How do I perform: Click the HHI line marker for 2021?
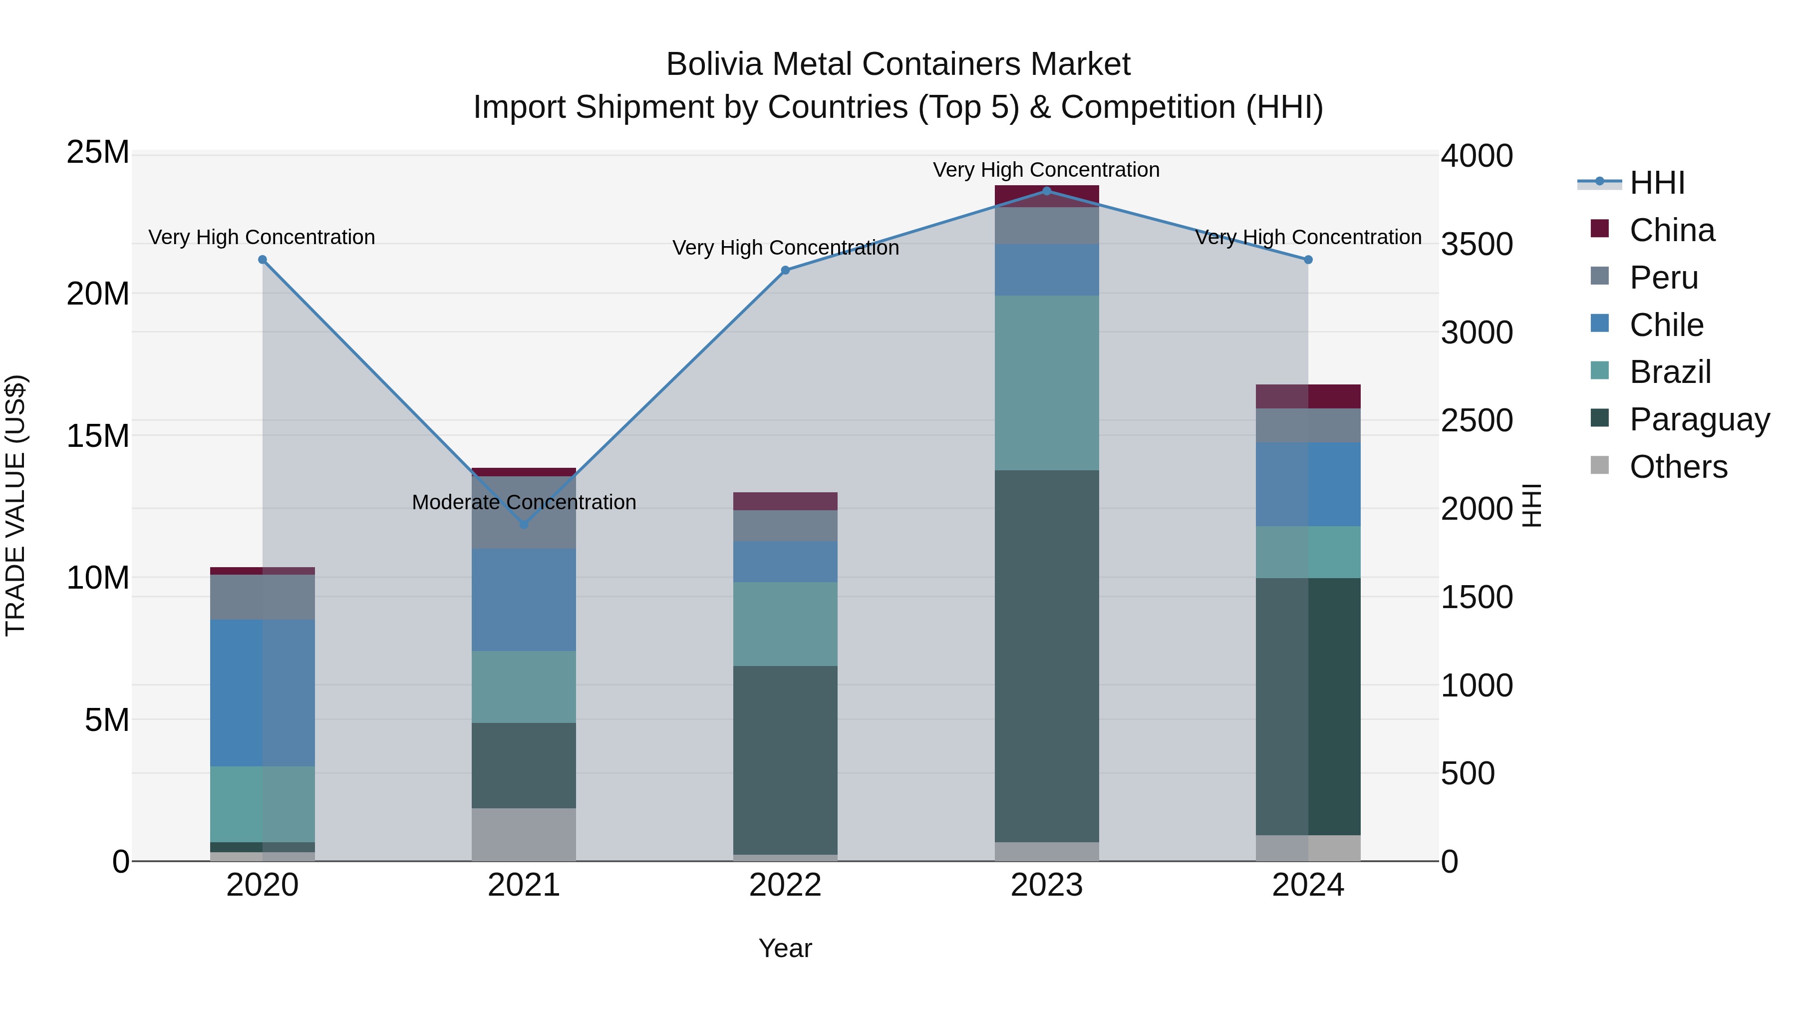coord(524,524)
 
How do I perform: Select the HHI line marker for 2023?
coord(1046,191)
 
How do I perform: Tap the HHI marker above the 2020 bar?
coord(262,260)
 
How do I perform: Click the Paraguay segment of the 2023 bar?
coord(1046,656)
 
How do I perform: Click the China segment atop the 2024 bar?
coord(1308,396)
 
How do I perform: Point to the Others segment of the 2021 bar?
coord(524,834)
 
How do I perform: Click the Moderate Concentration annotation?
coord(524,502)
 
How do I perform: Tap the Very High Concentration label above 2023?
coord(1046,170)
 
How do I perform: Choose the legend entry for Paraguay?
coord(1699,419)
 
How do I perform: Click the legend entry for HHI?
coord(1657,183)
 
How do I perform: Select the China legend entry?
coord(1671,230)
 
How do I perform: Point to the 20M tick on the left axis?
coord(98,294)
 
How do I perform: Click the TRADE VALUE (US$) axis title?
coord(15,505)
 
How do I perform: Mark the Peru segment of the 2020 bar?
coord(262,597)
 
